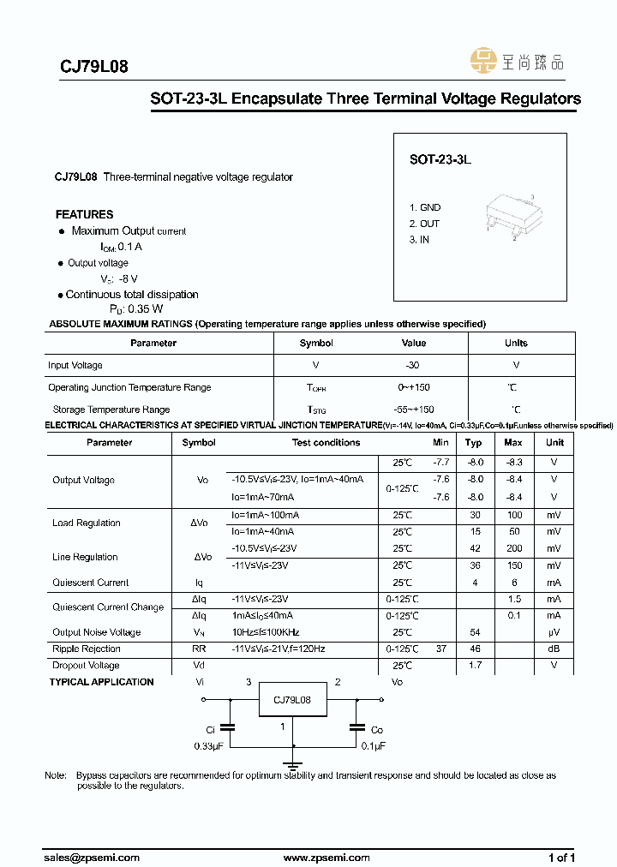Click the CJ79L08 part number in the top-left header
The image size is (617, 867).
point(93,66)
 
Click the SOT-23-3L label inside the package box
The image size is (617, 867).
point(440,159)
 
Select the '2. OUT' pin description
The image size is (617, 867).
point(424,224)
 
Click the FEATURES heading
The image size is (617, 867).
point(84,214)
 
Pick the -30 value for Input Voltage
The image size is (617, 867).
point(414,365)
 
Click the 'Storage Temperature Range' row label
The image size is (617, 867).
point(111,410)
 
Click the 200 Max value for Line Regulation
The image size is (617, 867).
point(512,548)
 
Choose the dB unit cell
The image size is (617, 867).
point(554,649)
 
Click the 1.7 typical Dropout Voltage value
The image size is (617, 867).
point(473,666)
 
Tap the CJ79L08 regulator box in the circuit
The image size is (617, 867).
point(292,700)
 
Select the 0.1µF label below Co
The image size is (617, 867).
point(373,745)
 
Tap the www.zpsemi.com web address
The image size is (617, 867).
point(326,858)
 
